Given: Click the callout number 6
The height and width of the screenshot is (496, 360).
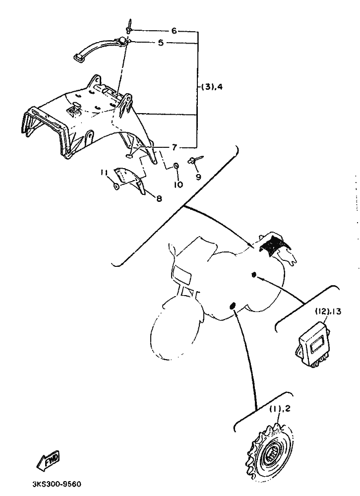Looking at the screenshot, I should pyautogui.click(x=174, y=31).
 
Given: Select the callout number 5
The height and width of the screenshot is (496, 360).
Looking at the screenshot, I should pyautogui.click(x=160, y=43).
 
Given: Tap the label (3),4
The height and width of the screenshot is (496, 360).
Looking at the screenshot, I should pyautogui.click(x=212, y=87).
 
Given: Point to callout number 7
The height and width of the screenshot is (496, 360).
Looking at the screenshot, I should pyautogui.click(x=174, y=147).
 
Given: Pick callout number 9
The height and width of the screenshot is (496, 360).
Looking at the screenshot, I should pyautogui.click(x=198, y=176).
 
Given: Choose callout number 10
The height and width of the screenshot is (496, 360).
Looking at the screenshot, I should pyautogui.click(x=178, y=184).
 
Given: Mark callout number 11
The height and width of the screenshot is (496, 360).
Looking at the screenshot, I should pyautogui.click(x=103, y=172).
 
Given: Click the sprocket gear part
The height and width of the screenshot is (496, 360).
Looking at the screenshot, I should pyautogui.click(x=270, y=452).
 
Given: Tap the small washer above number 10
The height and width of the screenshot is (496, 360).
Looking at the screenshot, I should pyautogui.click(x=177, y=166).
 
